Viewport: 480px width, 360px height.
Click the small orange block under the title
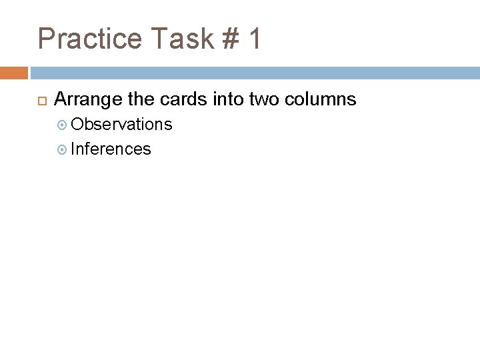coord(14,73)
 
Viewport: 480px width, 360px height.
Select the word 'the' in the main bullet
coord(141,100)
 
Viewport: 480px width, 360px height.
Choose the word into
coord(229,100)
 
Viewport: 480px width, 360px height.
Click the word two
coord(263,100)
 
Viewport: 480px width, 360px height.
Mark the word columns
coord(321,100)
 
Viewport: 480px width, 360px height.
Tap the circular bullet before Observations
coord(62,125)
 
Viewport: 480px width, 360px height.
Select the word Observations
coord(121,125)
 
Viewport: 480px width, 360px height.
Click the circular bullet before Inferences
coord(62,149)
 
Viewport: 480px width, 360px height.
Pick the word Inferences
coord(111,149)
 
